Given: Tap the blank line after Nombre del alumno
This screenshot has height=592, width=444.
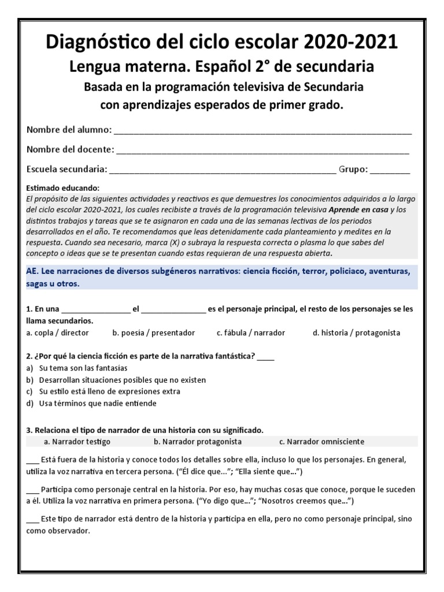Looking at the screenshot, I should [263, 131].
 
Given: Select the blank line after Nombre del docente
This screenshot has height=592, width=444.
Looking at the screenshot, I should [262, 150].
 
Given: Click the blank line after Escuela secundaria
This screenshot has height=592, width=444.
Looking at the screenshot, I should [222, 170].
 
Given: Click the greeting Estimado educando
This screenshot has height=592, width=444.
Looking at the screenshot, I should [63, 188].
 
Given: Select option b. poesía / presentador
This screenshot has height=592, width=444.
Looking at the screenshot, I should [154, 333].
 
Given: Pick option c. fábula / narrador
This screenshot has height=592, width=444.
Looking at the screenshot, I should [251, 333].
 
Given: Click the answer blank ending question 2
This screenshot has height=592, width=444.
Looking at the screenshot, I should [266, 357].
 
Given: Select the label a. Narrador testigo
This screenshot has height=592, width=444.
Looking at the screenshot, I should [77, 442].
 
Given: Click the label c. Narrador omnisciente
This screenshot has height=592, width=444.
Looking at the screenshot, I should [321, 442].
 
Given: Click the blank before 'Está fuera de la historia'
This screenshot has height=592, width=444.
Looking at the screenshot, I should [32, 461].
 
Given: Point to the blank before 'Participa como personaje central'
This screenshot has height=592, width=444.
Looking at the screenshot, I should [32, 490].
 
